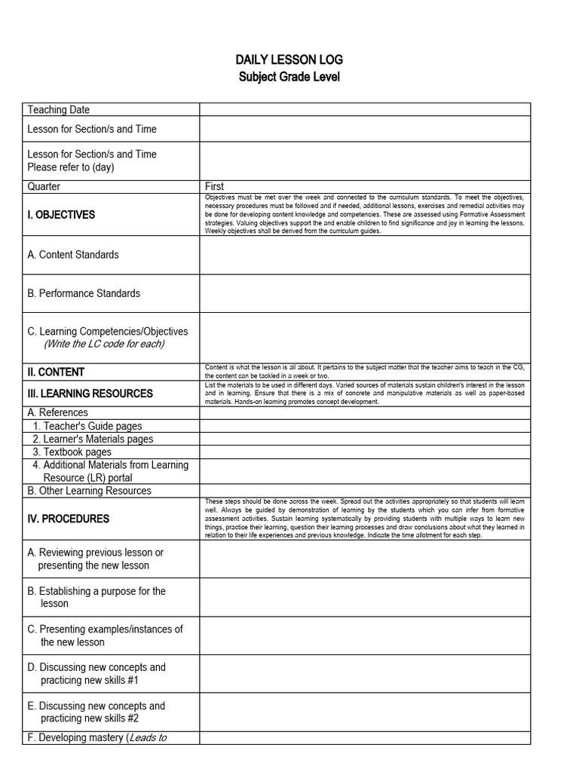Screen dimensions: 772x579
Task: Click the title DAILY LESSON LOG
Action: pos(289,60)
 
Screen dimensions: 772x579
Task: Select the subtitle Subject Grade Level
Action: pos(289,77)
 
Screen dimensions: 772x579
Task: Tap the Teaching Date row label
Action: pos(58,110)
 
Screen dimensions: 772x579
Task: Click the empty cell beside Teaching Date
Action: pos(365,110)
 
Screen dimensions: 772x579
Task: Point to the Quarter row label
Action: pos(44,186)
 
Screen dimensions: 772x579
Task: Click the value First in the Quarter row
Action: pos(215,186)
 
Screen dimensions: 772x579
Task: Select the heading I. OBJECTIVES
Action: pos(61,215)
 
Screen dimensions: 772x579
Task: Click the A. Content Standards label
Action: pos(73,255)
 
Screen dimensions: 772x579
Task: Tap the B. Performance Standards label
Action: pos(84,293)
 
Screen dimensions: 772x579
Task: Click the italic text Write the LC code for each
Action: pos(104,344)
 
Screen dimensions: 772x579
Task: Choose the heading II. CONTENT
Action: pos(56,372)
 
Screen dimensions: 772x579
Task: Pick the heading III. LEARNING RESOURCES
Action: pos(90,394)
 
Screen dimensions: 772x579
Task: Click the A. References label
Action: pos(57,412)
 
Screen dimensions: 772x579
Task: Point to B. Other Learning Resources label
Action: pos(89,491)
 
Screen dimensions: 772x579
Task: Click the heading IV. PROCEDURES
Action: pos(68,519)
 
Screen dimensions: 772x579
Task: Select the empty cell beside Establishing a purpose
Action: pos(365,597)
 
